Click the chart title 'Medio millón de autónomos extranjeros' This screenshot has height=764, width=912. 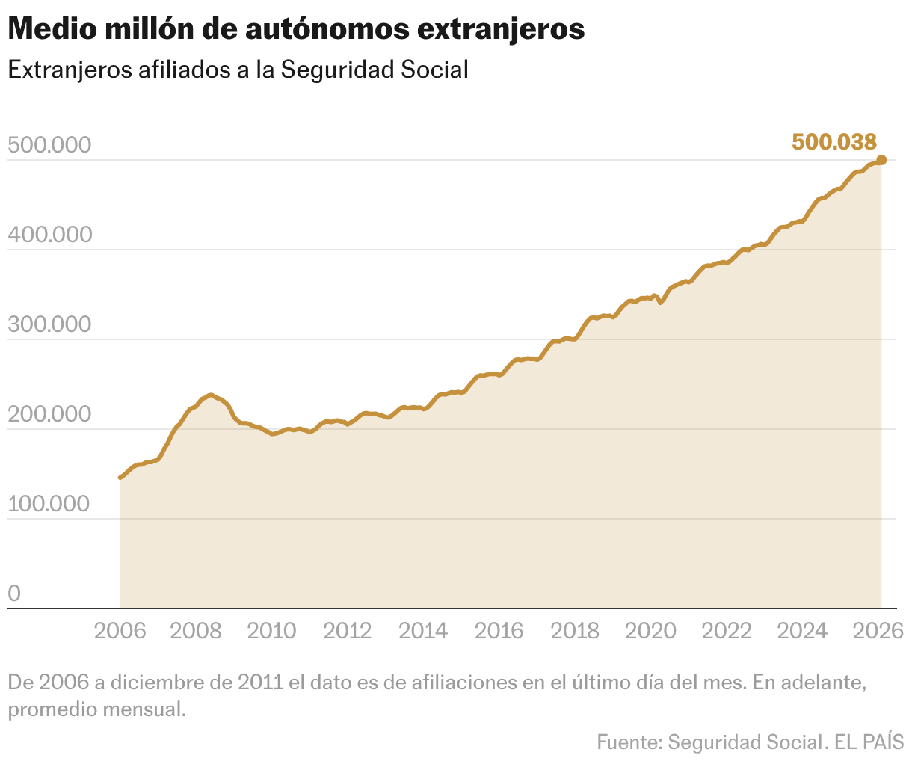[x=296, y=29]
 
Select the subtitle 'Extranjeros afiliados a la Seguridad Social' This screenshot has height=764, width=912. [x=238, y=70]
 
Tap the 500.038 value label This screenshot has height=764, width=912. [x=834, y=141]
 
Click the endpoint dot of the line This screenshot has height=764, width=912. [x=881, y=160]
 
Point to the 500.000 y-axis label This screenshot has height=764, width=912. [x=49, y=146]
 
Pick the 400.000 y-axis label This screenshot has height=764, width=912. [x=49, y=235]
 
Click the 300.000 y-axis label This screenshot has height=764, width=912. [x=49, y=325]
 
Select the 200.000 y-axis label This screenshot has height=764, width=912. [x=49, y=415]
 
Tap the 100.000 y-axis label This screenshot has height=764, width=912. [x=49, y=505]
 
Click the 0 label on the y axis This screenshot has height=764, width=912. [x=14, y=594]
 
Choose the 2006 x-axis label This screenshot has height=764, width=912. [x=120, y=631]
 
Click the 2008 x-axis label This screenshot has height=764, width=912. [x=196, y=631]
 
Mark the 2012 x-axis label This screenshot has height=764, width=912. [x=348, y=631]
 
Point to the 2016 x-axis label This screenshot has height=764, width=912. [x=499, y=631]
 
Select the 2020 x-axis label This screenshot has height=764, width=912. [x=650, y=631]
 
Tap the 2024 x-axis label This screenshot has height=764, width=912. [x=802, y=631]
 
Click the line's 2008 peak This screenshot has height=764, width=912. [x=210, y=395]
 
